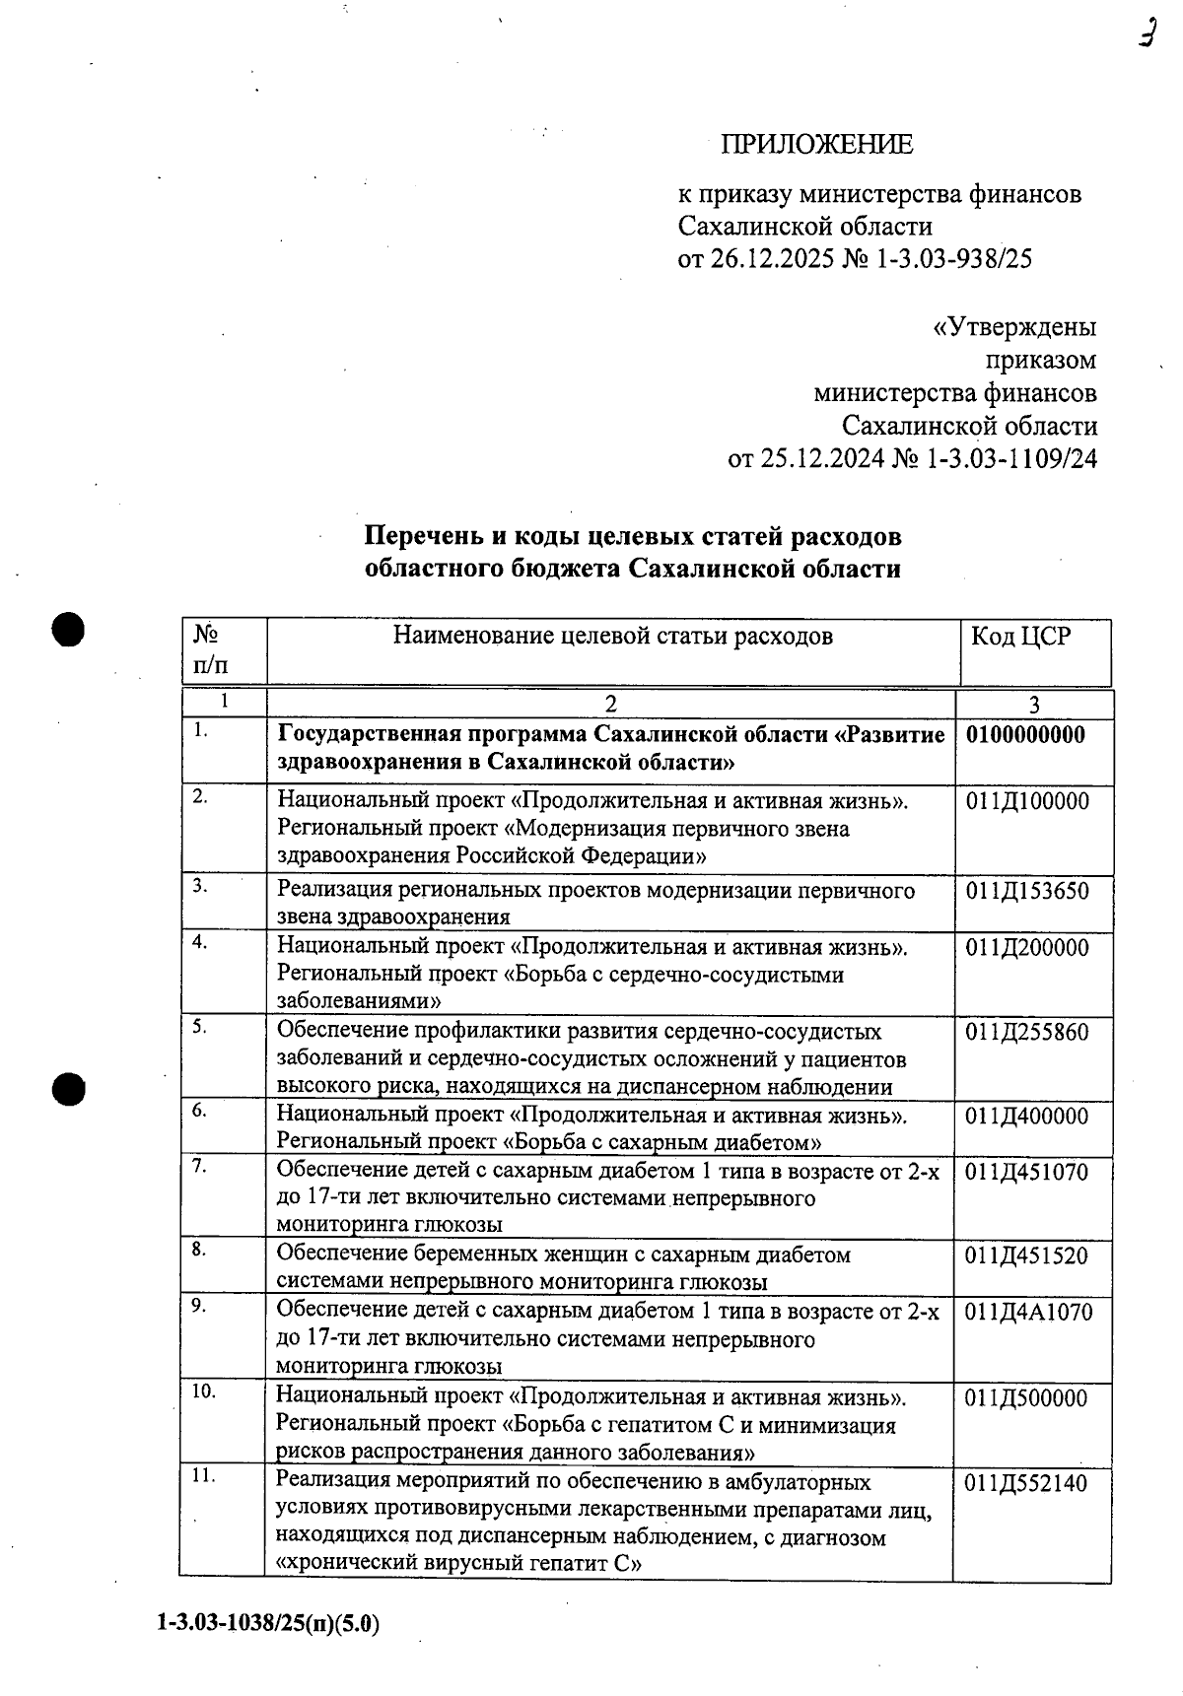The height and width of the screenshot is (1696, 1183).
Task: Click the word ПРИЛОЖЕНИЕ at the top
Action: tap(817, 145)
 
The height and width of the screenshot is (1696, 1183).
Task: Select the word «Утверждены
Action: tap(1014, 327)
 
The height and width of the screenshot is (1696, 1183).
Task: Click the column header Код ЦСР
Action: tap(1020, 637)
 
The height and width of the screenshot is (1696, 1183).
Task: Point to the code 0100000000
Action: tap(1025, 735)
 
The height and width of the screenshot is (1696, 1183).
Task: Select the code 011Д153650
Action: tap(1027, 892)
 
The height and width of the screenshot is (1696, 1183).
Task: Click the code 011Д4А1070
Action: tap(1028, 1313)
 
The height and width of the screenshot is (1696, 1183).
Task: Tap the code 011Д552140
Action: tap(1026, 1483)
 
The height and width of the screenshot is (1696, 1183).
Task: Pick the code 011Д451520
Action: tap(1026, 1256)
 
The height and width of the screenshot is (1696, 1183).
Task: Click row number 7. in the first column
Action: tap(199, 1166)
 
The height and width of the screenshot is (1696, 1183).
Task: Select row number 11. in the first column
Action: tap(202, 1476)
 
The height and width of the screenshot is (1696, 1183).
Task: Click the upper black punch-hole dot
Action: tap(69, 629)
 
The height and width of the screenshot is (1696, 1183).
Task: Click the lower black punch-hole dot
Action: tap(69, 1088)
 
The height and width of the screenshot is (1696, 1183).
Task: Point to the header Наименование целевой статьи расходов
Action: tap(612, 637)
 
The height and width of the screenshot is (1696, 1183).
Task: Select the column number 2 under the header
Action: tap(611, 704)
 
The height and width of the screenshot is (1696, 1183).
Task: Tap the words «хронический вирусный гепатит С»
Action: tap(458, 1564)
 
